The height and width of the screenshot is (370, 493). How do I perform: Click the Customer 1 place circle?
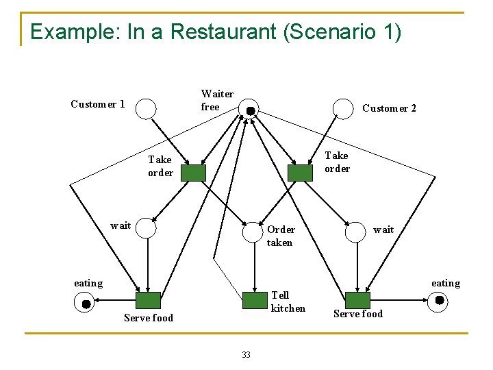click(146, 108)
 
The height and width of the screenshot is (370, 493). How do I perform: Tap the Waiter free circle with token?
click(249, 110)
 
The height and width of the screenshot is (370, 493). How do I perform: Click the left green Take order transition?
click(193, 173)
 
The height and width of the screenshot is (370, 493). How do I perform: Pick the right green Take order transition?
click(300, 173)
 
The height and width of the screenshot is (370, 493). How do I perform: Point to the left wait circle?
click(146, 227)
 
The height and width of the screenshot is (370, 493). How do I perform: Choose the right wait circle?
click(355, 232)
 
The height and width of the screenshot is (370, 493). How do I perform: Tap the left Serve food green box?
click(148, 300)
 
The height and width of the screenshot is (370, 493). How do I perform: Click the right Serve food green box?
click(357, 300)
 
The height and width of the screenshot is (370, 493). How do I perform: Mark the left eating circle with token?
click(84, 302)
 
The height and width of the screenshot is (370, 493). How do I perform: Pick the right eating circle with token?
click(438, 300)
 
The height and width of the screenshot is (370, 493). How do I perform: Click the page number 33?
click(246, 354)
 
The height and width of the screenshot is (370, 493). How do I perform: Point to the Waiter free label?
click(217, 100)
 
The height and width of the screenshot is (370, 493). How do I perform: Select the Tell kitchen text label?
click(288, 301)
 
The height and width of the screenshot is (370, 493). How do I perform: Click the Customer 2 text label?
click(389, 108)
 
